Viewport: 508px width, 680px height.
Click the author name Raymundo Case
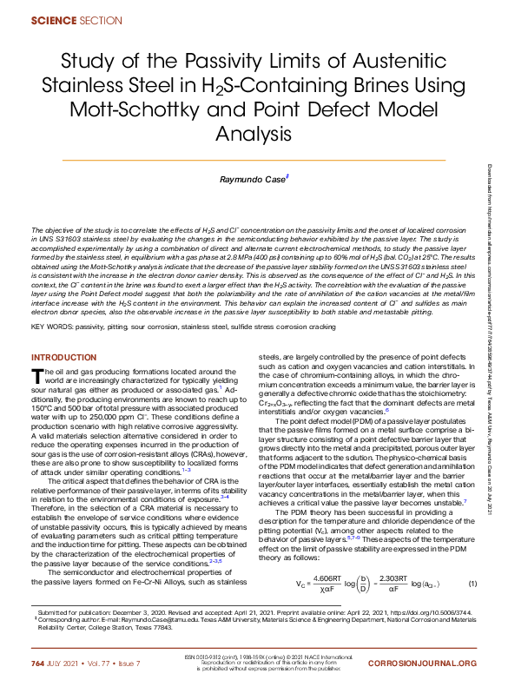point(251,178)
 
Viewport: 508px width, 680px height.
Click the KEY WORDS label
point(57,327)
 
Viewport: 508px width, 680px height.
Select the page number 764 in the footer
point(38,663)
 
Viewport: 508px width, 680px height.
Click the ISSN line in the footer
point(252,658)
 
